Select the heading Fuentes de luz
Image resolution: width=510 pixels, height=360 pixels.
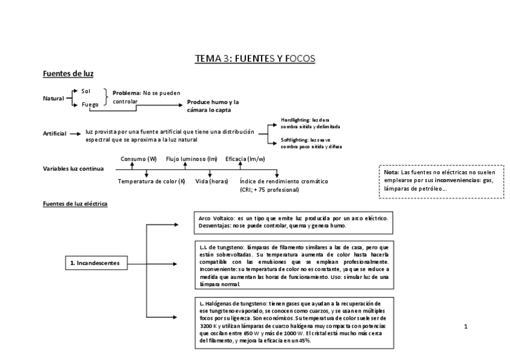68,74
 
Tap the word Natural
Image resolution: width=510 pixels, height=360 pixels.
54,98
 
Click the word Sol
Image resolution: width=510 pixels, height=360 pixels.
85,91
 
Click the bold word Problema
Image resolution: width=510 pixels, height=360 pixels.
126,93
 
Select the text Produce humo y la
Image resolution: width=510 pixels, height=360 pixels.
213,102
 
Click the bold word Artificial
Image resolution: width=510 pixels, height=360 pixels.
55,133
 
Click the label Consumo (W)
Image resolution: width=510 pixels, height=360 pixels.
138,159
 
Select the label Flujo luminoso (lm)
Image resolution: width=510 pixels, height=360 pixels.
191,159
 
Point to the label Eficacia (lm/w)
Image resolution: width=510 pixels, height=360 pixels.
245,159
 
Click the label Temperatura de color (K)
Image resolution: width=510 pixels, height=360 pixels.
152,181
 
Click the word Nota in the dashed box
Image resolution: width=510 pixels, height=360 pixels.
390,172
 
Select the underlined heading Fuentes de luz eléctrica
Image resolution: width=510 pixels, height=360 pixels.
75,204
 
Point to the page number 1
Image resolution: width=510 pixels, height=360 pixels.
465,327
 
